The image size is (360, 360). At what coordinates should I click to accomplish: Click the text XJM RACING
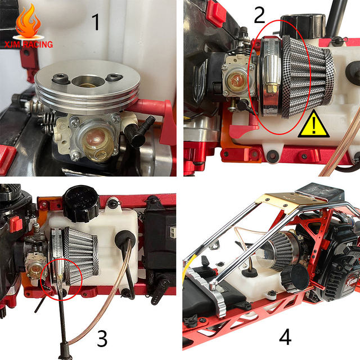(x=29, y=44)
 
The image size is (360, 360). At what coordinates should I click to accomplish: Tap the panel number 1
(x=96, y=22)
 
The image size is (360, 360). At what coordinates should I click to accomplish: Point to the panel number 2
(x=259, y=15)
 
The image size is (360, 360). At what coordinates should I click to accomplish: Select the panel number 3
(x=102, y=339)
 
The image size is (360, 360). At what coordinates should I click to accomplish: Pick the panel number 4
(x=285, y=337)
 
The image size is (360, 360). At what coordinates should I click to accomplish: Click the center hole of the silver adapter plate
(x=88, y=81)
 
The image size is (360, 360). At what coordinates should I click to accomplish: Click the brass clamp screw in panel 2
(x=271, y=88)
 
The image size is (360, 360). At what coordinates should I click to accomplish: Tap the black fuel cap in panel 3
(x=81, y=204)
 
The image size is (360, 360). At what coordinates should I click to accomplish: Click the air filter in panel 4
(x=279, y=251)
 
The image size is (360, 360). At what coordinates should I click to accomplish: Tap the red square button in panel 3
(x=16, y=224)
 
